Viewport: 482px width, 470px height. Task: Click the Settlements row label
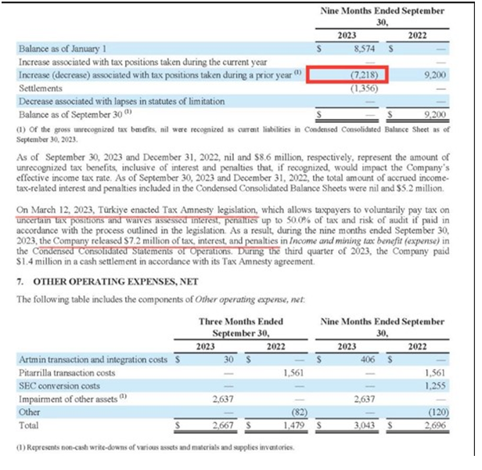click(38, 89)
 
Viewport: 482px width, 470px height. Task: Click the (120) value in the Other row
click(448, 411)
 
